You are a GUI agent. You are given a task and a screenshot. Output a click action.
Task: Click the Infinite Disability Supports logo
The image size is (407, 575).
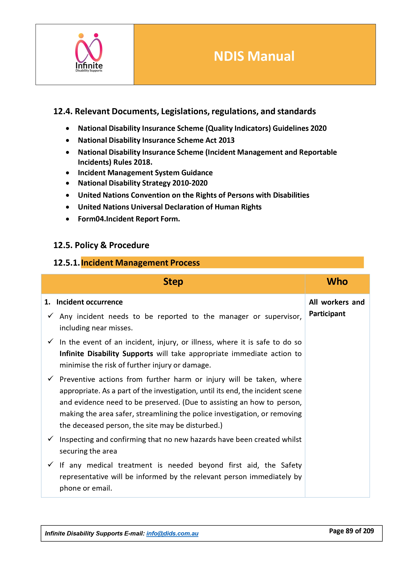pyautogui.click(x=89, y=53)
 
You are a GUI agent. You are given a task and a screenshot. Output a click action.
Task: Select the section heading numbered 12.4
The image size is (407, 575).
pyautogui.click(x=184, y=111)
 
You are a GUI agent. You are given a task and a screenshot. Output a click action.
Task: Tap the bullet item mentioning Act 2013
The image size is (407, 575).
pyautogui.click(x=156, y=140)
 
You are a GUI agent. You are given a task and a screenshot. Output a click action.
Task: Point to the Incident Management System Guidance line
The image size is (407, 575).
pyautogui.click(x=145, y=173)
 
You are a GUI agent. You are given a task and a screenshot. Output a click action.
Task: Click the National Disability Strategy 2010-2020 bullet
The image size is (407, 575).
pyautogui.click(x=143, y=183)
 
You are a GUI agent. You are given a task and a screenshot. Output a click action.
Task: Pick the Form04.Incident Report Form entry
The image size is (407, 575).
pyautogui.click(x=129, y=219)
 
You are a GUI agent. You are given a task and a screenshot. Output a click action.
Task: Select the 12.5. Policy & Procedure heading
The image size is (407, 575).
pyautogui.click(x=101, y=245)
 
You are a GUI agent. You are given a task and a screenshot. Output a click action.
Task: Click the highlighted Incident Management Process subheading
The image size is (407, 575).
pyautogui.click(x=140, y=263)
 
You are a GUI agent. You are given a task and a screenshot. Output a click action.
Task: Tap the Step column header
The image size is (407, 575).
pyautogui.click(x=173, y=282)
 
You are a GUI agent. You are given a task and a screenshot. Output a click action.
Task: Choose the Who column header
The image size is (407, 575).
pyautogui.click(x=337, y=282)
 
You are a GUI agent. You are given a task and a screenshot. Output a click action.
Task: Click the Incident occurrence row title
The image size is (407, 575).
pyautogui.click(x=90, y=302)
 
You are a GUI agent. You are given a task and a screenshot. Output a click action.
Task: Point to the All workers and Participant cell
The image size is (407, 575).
pyautogui.click(x=337, y=308)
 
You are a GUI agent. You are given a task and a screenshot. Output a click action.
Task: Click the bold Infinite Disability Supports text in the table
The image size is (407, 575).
pyautogui.click(x=106, y=354)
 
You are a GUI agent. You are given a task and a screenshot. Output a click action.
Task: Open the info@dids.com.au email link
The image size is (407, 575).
pyautogui.click(x=172, y=533)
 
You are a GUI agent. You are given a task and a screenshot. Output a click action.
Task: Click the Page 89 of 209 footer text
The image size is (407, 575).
pyautogui.click(x=351, y=531)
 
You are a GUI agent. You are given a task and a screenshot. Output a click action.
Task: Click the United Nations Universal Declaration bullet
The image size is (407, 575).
pyautogui.click(x=170, y=207)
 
